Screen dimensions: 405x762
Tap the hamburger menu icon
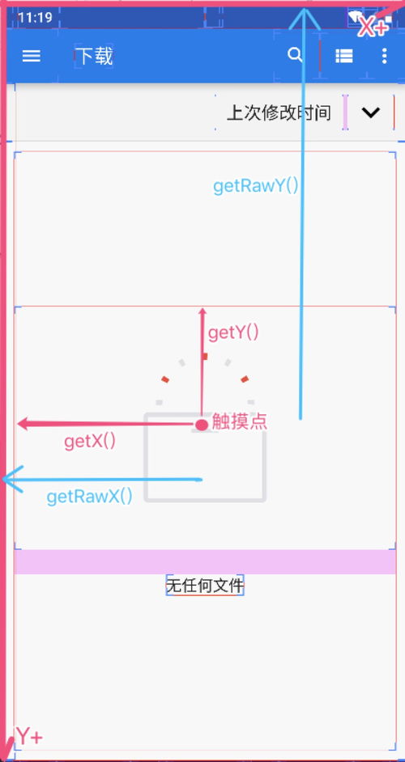(31, 56)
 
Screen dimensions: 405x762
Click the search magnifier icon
(295, 55)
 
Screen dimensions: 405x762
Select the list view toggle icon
(344, 56)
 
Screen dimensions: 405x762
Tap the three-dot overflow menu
(385, 56)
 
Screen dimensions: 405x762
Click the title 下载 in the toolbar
(96, 57)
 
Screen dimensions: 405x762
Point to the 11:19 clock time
(35, 18)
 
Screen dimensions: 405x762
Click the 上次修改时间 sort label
(279, 112)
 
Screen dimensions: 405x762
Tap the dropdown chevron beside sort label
(371, 112)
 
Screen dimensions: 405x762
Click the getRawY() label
(256, 185)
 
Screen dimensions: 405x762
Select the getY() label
(233, 333)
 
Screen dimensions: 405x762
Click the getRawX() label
(90, 497)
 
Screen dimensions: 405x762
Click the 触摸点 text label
(240, 421)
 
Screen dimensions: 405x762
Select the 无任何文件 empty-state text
(205, 586)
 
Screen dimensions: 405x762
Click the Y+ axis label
(30, 736)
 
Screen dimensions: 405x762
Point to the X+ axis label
(374, 28)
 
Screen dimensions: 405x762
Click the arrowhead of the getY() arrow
(202, 311)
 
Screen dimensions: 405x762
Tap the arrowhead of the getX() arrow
(23, 424)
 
